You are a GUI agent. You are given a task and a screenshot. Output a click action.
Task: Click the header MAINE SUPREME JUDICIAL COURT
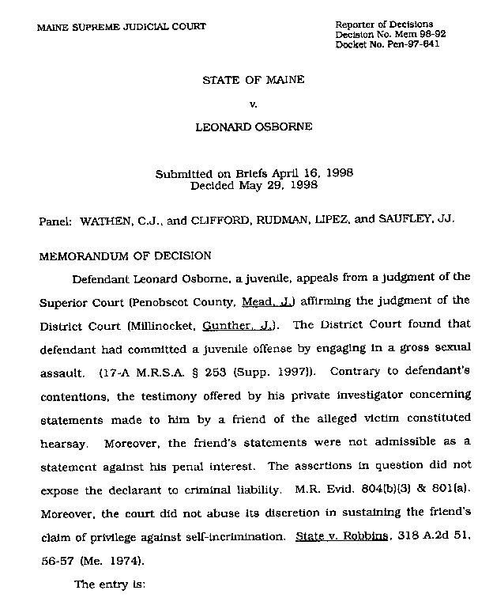[x=121, y=26]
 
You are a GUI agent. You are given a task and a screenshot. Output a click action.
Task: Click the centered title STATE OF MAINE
[x=254, y=80]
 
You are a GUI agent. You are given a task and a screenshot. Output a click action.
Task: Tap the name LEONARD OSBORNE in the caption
[x=254, y=126]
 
